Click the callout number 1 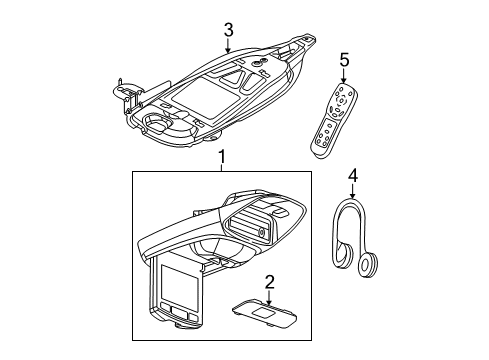click(x=222, y=157)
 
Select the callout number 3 click(x=229, y=31)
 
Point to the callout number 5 click(x=344, y=61)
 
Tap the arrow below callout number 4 click(x=352, y=195)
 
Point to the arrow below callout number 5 click(x=344, y=77)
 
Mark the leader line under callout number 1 click(x=222, y=167)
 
